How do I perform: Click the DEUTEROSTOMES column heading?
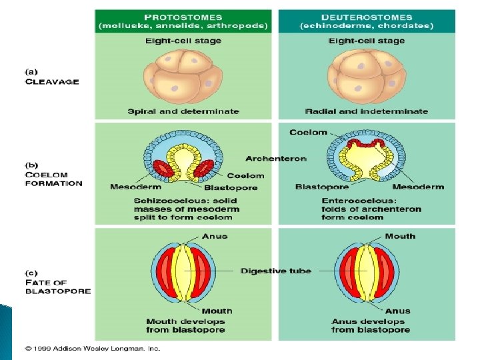pos(366,17)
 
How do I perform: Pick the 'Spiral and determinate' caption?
pos(183,111)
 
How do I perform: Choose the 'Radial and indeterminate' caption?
pos(367,111)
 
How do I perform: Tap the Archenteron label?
pos(276,159)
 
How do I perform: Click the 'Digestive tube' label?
pos(275,271)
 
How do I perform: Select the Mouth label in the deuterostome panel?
pos(400,236)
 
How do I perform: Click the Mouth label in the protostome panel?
pos(217,311)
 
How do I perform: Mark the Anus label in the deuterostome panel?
pos(398,311)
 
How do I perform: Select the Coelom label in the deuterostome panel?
pos(308,132)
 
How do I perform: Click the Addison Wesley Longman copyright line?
pos(93,348)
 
